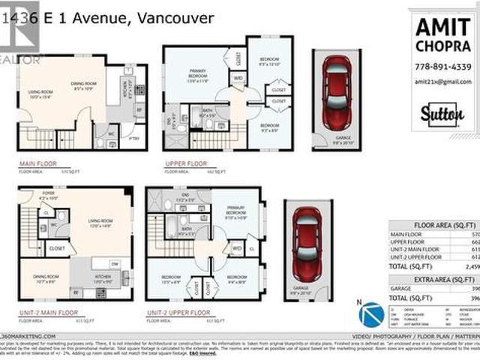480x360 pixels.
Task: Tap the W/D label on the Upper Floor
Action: [238, 78]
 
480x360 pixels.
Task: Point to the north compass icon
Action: [370, 313]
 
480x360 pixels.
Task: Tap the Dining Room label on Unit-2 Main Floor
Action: [44, 282]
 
